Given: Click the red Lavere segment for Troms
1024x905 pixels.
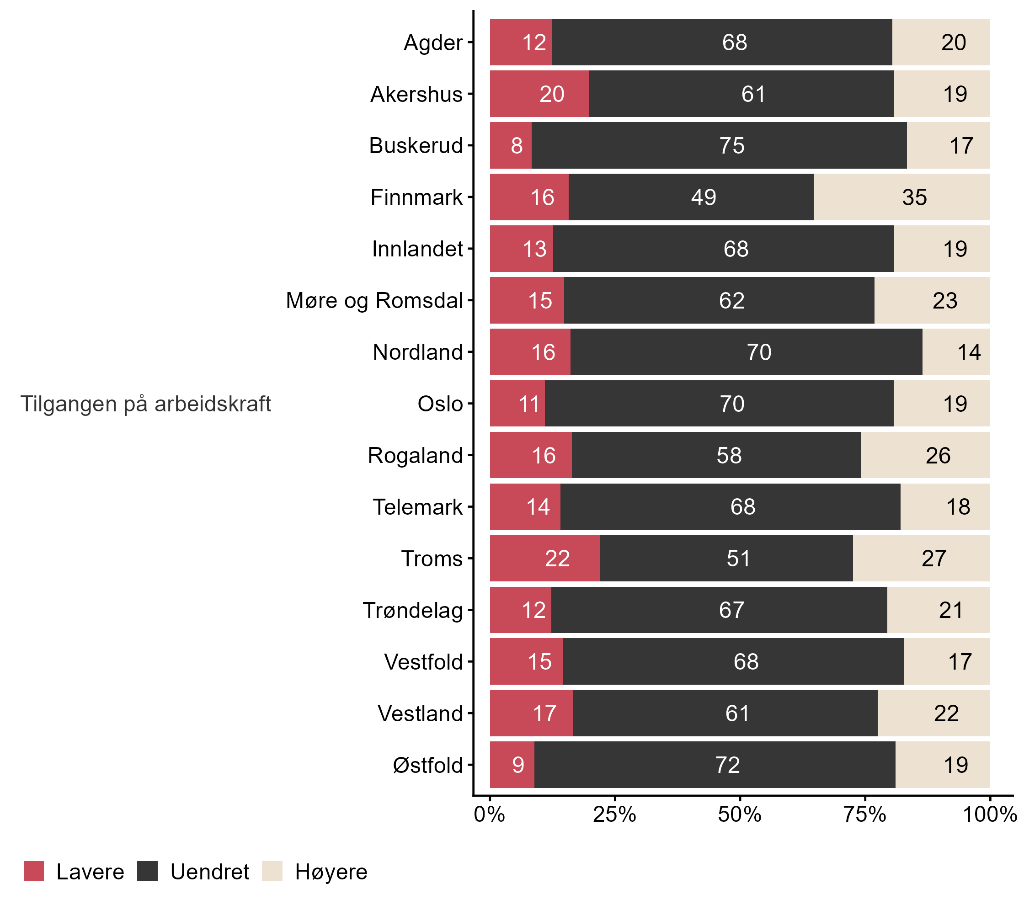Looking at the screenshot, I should point(544,558).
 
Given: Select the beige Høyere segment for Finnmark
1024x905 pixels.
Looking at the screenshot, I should point(901,197).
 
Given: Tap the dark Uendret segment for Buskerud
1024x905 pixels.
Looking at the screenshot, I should point(719,145).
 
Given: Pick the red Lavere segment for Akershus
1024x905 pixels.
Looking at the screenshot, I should point(539,94).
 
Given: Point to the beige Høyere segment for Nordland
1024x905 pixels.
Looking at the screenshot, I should point(956,351).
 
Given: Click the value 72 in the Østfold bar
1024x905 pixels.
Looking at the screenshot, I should point(727,765).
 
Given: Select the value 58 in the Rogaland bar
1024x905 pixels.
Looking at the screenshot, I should point(729,455).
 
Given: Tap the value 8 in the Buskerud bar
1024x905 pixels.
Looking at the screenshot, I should point(517,146).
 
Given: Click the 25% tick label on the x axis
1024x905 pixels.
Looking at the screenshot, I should point(614,815).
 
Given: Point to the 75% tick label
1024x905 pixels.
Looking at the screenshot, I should point(865,815).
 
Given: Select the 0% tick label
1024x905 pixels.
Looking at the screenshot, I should point(490,815).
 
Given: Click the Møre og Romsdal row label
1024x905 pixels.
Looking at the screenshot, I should point(374,300).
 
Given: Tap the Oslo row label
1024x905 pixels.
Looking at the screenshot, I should point(440,404).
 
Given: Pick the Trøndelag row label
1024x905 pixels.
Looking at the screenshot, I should point(413,610).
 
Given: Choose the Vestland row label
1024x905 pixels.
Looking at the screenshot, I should point(420,713).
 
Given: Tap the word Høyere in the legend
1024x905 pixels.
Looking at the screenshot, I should point(331,872).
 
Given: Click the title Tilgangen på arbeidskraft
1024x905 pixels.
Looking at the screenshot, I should point(145,404).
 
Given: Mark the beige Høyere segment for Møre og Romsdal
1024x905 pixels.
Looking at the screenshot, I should point(932,300).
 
